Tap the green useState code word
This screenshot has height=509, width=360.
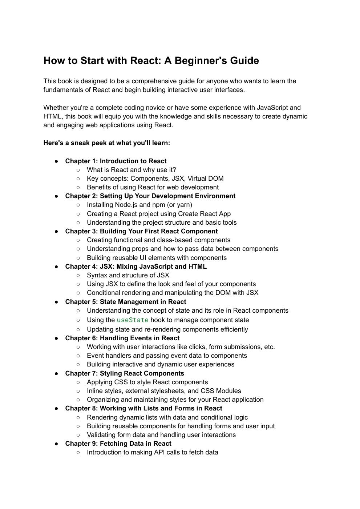click(133, 320)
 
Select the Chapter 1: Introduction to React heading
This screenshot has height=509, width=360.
click(116, 161)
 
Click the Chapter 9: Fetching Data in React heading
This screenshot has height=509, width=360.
click(118, 444)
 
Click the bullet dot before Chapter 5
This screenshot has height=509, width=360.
click(57, 302)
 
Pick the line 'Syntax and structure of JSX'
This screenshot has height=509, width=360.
click(128, 275)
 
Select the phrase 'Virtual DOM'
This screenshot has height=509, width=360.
click(205, 179)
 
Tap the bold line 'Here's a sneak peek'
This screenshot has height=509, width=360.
click(107, 143)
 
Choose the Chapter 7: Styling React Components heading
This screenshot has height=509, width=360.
click(125, 373)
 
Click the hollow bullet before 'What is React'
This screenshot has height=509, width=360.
click(78, 170)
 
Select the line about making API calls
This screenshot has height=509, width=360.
click(153, 452)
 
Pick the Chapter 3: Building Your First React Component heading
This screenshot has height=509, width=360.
click(141, 231)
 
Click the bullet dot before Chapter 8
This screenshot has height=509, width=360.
click(57, 408)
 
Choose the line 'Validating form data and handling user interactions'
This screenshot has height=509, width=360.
click(161, 435)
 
